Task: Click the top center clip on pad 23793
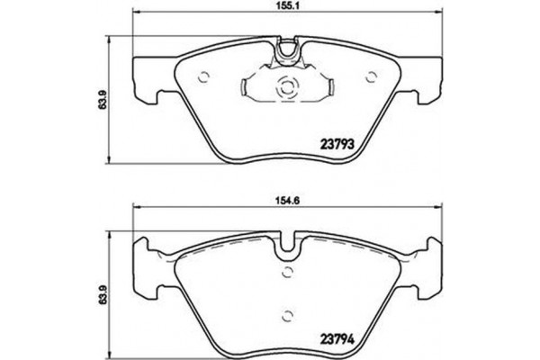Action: [x=288, y=52]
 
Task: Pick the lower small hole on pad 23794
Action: [x=288, y=314]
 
